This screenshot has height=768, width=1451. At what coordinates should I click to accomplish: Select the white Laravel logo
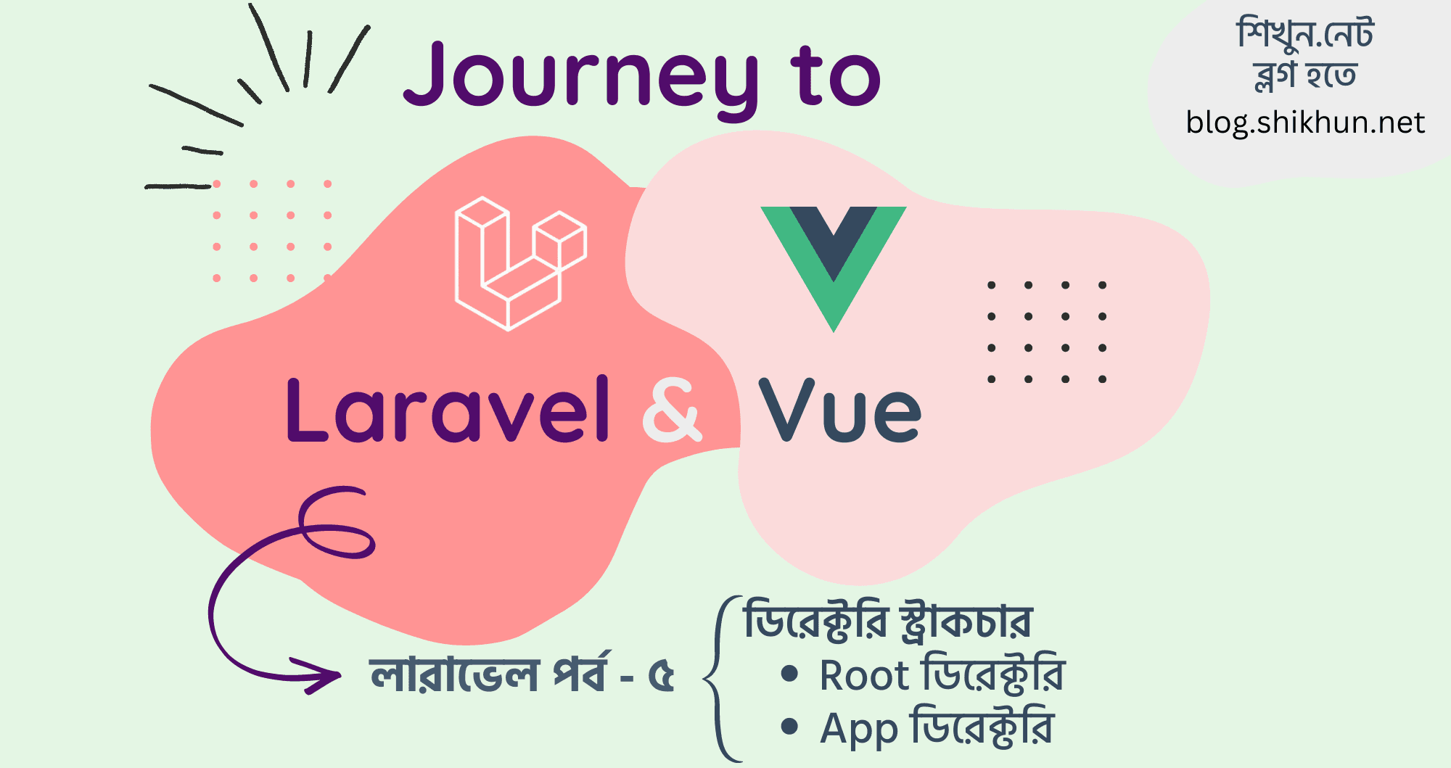[521, 263]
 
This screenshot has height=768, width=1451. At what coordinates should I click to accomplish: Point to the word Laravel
[448, 410]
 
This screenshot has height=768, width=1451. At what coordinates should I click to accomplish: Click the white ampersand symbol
[673, 410]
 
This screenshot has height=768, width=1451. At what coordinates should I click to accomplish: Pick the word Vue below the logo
[840, 410]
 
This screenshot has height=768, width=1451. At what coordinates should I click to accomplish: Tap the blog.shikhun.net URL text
[1305, 123]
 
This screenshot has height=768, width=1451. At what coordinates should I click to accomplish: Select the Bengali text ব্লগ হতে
[1305, 75]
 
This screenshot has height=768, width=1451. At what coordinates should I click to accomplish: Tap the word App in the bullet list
[859, 730]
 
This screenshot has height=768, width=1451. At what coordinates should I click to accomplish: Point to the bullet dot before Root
[789, 674]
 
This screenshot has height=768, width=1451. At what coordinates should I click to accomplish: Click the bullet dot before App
[789, 726]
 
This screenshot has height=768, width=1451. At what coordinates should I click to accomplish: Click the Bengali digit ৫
[661, 676]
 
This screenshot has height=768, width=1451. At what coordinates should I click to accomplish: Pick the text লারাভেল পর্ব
[487, 674]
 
